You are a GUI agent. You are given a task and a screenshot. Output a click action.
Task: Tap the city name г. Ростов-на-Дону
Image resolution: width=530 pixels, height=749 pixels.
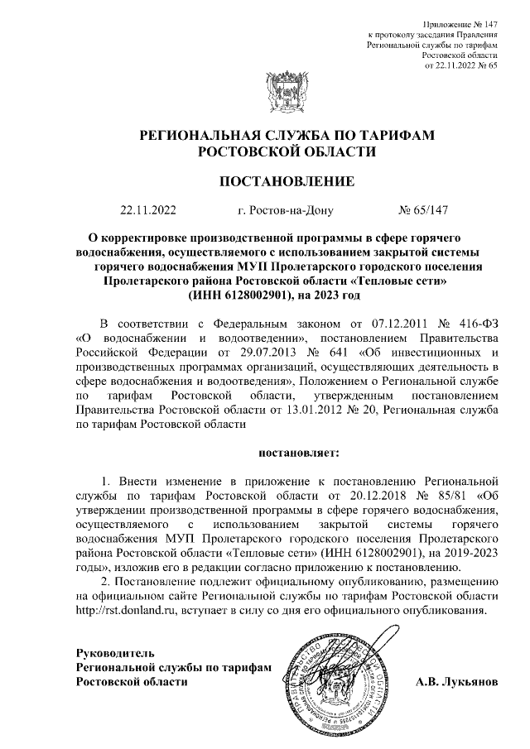coord(285,211)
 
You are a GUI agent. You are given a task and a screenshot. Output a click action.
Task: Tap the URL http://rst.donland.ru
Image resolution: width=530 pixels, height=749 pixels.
coord(124,611)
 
